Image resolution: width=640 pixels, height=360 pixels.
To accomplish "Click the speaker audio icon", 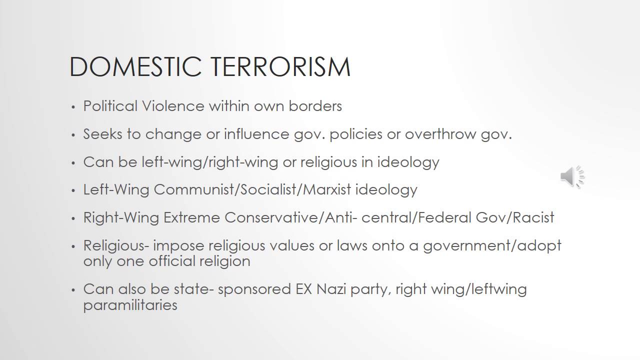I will coord(572,176).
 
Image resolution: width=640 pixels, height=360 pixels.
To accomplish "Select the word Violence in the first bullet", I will coord(173,106).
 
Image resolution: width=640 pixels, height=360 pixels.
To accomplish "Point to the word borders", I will coord(315,106).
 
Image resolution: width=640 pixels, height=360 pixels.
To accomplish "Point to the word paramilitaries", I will coord(130,305).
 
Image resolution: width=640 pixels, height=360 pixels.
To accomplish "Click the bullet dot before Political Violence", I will coord(73,107).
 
